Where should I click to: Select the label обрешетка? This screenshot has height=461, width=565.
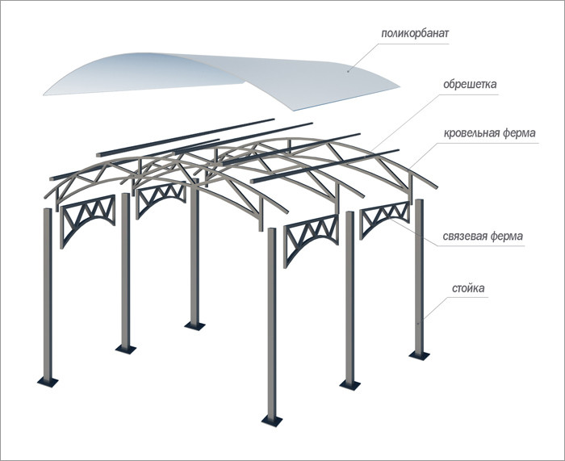pyautogui.click(x=471, y=83)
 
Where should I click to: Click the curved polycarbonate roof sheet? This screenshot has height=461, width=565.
pyautogui.click(x=218, y=77)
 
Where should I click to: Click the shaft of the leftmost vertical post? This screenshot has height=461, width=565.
pyautogui.click(x=48, y=291)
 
